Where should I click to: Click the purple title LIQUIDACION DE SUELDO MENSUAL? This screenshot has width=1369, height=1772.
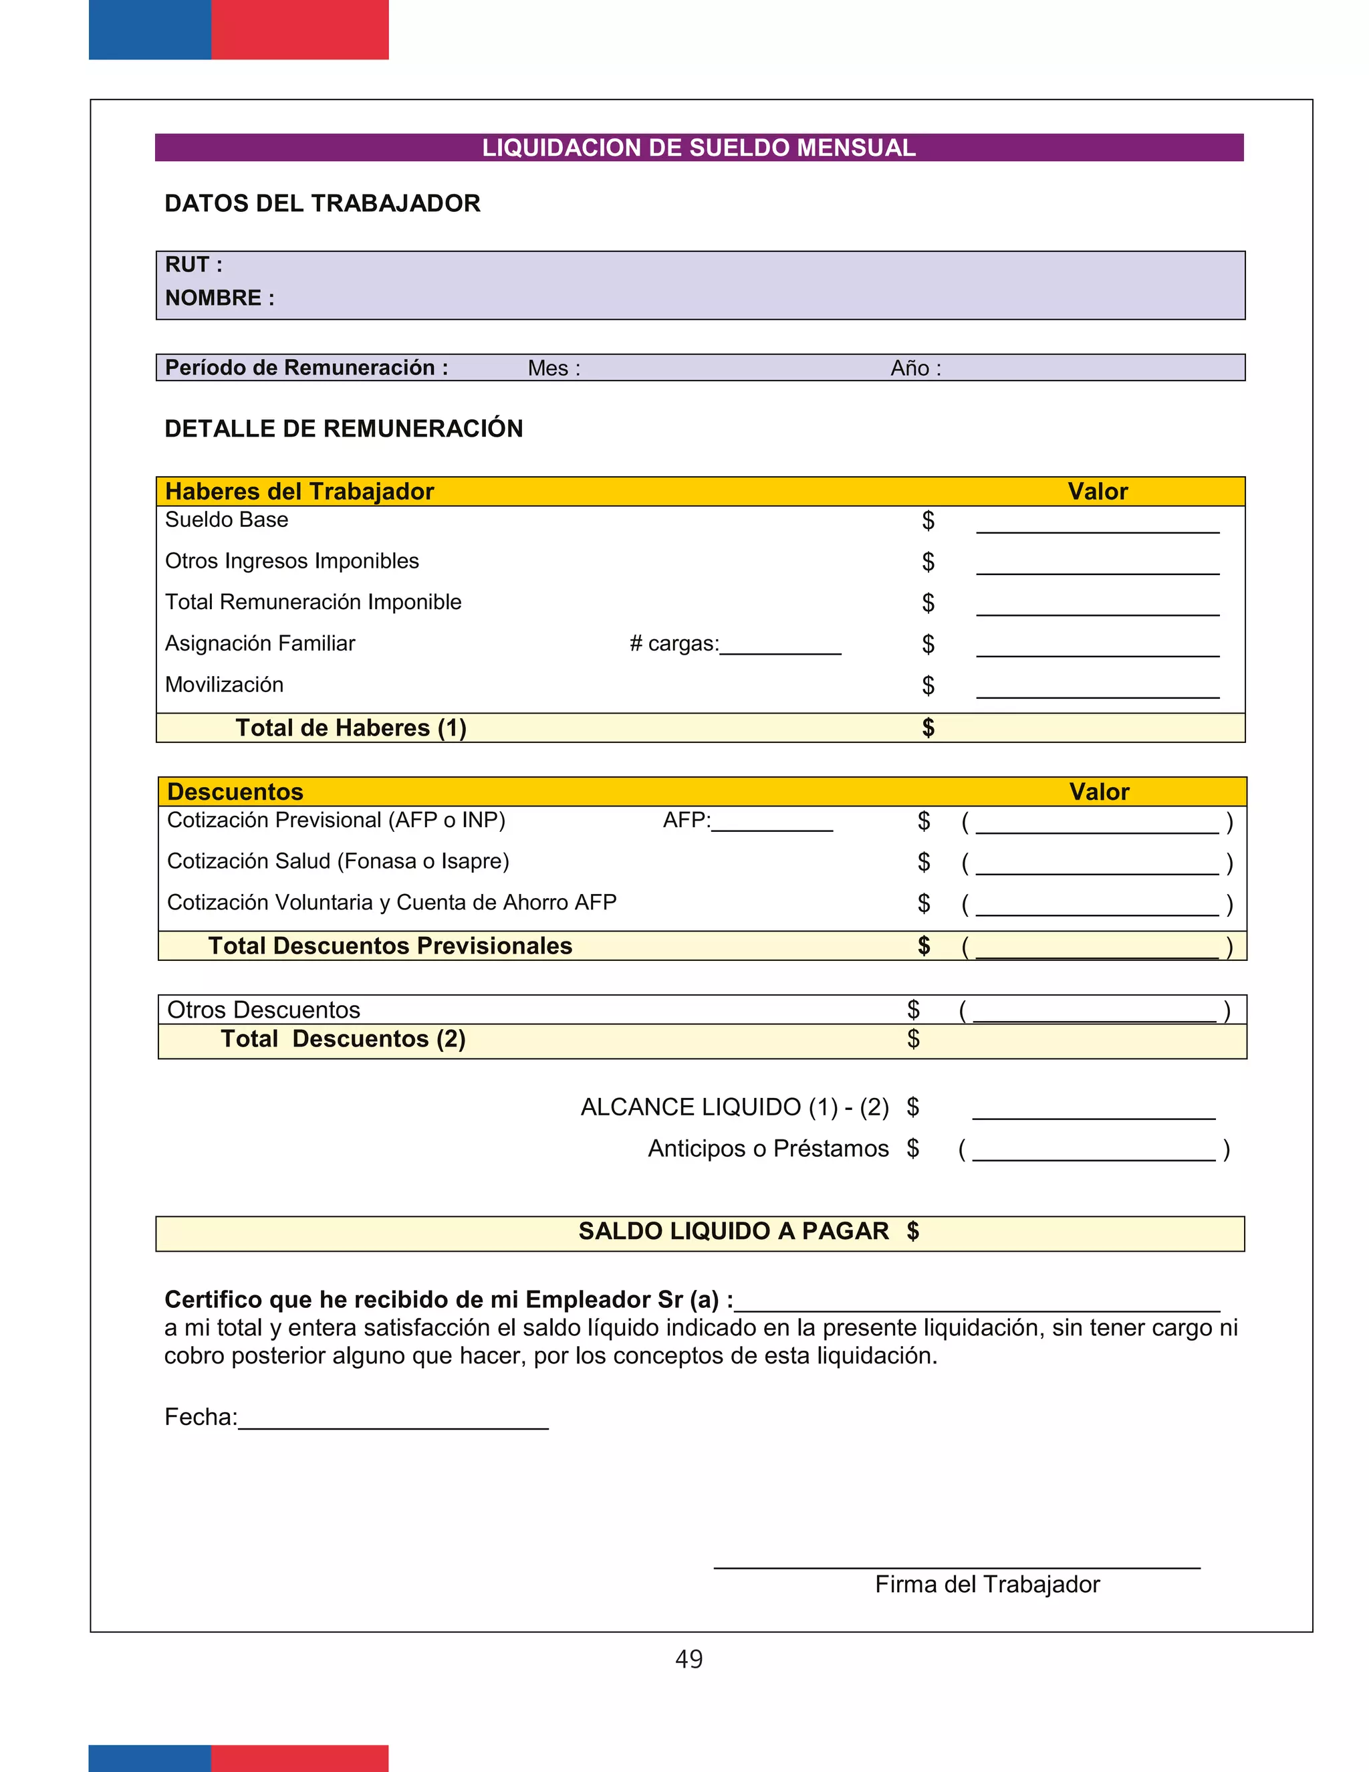(x=699, y=148)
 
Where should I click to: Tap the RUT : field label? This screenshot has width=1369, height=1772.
(x=193, y=265)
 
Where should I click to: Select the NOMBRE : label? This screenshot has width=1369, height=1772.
(x=219, y=298)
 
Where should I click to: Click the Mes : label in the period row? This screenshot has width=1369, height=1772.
(x=554, y=368)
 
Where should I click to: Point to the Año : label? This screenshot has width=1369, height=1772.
(x=916, y=368)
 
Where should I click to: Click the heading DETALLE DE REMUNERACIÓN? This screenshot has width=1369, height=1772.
(x=343, y=429)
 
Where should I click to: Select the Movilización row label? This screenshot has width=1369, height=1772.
(x=224, y=685)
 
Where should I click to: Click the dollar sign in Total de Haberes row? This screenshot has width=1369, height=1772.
(x=928, y=728)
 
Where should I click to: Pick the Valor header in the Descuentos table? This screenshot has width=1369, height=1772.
(x=1098, y=792)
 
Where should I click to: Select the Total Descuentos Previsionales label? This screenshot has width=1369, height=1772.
(x=390, y=946)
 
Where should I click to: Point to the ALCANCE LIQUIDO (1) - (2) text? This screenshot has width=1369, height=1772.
(x=734, y=1107)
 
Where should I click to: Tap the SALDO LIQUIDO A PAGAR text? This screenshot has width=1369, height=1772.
(x=733, y=1231)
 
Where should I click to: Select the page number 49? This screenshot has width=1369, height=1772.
(x=689, y=1658)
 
